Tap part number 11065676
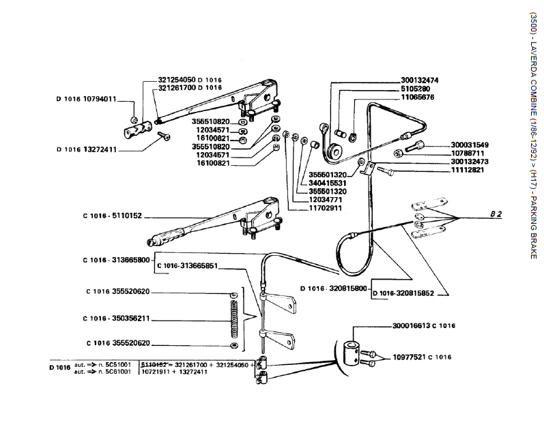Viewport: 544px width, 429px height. click(x=416, y=98)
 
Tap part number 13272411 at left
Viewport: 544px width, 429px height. click(x=95, y=149)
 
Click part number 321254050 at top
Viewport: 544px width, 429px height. click(x=176, y=79)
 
